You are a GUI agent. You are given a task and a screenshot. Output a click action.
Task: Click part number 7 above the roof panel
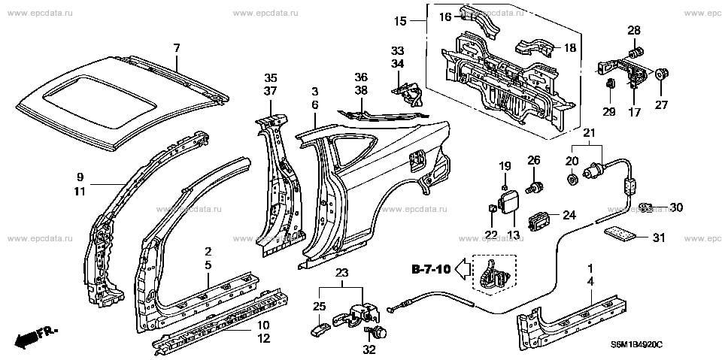coord(177,48)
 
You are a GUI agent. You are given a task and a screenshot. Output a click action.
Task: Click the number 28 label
coord(634,30)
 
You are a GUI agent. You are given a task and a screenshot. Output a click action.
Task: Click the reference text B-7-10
coord(431,269)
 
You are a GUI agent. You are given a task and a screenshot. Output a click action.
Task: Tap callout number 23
coord(342,273)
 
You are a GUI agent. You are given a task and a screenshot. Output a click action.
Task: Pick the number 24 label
coord(569,215)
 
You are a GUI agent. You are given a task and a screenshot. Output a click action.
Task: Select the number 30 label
coord(675,207)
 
